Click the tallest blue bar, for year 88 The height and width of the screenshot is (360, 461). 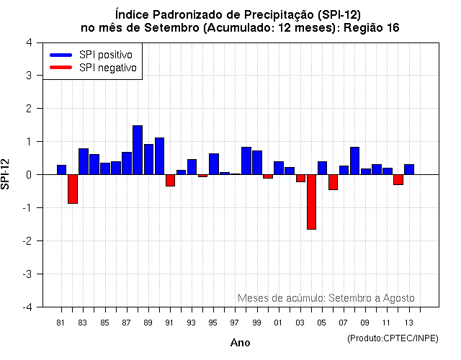(138, 150)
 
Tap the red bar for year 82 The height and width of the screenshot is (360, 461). (73, 189)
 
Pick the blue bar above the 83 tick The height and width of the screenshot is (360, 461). (84, 161)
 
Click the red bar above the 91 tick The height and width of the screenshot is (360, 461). (170, 180)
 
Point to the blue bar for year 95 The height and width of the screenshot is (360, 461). (214, 163)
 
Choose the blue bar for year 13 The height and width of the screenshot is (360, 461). (409, 169)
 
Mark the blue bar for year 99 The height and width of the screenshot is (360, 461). (257, 162)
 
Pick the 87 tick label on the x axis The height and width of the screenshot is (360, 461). (126, 322)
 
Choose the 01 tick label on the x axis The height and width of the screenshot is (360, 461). (278, 322)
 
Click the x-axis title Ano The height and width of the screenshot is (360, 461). (241, 343)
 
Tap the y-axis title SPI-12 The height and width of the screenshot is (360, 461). (6, 174)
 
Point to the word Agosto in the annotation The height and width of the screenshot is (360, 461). (398, 297)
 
